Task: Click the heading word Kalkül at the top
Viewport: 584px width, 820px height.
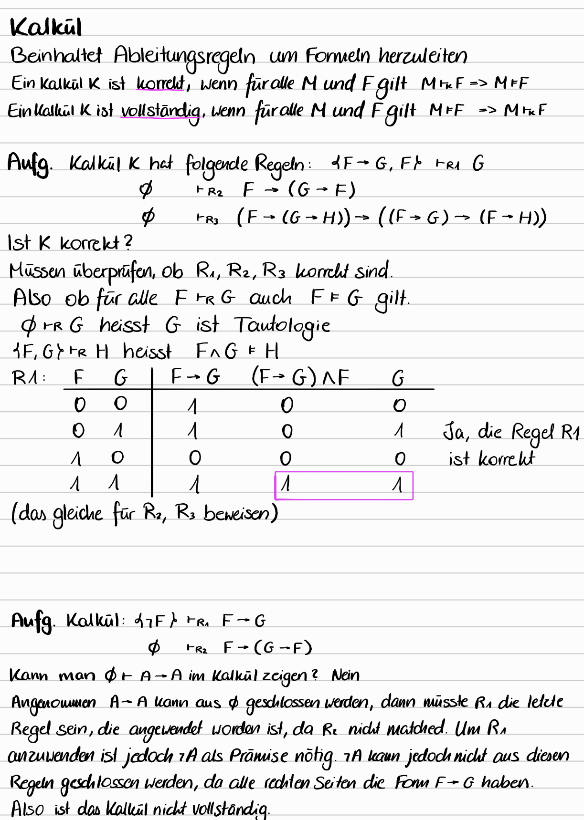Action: click(46, 27)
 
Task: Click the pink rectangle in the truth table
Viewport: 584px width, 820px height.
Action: click(343, 486)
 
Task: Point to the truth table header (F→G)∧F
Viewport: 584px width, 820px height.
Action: click(300, 378)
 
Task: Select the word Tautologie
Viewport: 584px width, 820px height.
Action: click(282, 326)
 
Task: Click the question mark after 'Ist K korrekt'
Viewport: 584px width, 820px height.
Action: click(127, 243)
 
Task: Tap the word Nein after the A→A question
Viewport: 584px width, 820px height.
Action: click(345, 675)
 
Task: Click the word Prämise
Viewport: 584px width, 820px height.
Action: click(258, 756)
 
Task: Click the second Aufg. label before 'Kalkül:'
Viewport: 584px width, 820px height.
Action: click(32, 622)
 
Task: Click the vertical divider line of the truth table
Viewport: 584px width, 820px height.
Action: click(152, 432)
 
